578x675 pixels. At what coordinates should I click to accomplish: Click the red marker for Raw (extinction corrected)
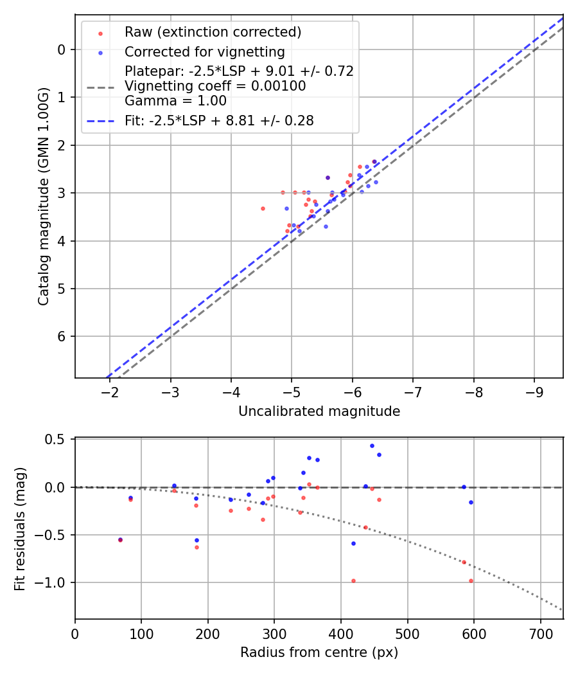point(100,33)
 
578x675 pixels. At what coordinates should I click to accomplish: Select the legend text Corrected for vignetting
point(204,51)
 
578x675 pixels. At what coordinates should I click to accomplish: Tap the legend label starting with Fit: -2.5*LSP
point(219,121)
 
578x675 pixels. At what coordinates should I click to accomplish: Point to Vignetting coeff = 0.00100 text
point(215,85)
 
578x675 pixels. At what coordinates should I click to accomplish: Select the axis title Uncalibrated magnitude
point(319,411)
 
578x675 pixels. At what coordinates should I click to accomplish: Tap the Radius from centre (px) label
point(319,652)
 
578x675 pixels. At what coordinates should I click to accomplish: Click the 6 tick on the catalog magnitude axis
point(62,336)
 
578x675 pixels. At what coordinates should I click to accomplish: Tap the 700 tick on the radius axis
point(541,634)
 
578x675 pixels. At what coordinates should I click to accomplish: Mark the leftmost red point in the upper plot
point(263,208)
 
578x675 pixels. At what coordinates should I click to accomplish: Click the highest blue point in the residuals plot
point(372,446)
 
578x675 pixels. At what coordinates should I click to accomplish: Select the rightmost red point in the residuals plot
point(471,580)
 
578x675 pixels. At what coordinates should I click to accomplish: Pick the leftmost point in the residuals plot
point(120,540)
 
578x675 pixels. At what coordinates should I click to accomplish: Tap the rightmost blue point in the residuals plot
point(471,502)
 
